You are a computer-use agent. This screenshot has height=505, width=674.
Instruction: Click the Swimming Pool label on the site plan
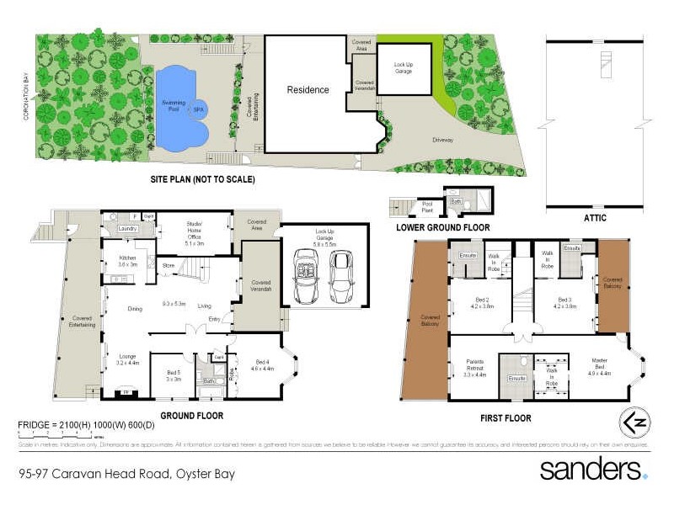click(x=174, y=104)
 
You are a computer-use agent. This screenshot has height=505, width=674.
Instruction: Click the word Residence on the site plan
click(x=308, y=90)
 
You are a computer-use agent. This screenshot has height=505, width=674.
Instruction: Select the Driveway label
click(x=443, y=140)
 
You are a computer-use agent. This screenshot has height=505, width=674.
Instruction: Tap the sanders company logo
click(x=593, y=469)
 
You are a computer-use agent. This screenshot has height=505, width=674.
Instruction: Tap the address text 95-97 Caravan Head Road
click(x=126, y=474)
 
